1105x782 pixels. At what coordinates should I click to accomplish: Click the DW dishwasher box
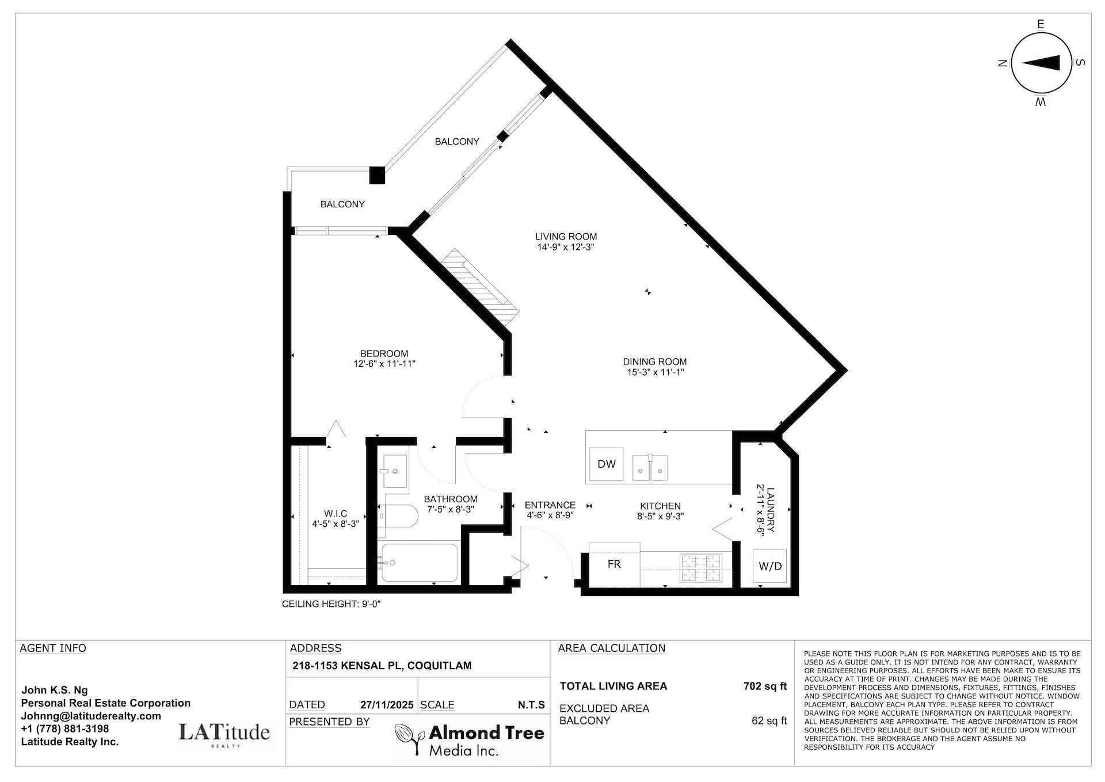pos(607,464)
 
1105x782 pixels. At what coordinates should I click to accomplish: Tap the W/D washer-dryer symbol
pos(769,565)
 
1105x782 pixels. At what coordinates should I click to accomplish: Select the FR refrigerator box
pos(614,564)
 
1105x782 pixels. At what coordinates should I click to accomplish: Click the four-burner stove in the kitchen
pos(700,567)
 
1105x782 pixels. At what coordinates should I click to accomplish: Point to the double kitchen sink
pos(650,468)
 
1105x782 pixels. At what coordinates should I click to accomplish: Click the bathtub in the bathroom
pos(420,563)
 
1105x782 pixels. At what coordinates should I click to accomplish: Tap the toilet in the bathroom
pos(401,517)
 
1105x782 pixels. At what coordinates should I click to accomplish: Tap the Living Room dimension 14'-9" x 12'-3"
pos(566,247)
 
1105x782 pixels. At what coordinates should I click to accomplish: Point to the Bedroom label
pos(384,354)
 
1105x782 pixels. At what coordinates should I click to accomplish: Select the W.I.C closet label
pos(336,514)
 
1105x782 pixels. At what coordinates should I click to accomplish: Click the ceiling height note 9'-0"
pos(331,604)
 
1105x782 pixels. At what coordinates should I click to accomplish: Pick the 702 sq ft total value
pos(764,686)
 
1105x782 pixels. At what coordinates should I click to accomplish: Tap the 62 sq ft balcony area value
pos(769,720)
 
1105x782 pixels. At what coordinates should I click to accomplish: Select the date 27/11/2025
pos(387,705)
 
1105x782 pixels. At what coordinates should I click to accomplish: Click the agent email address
pos(91,716)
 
